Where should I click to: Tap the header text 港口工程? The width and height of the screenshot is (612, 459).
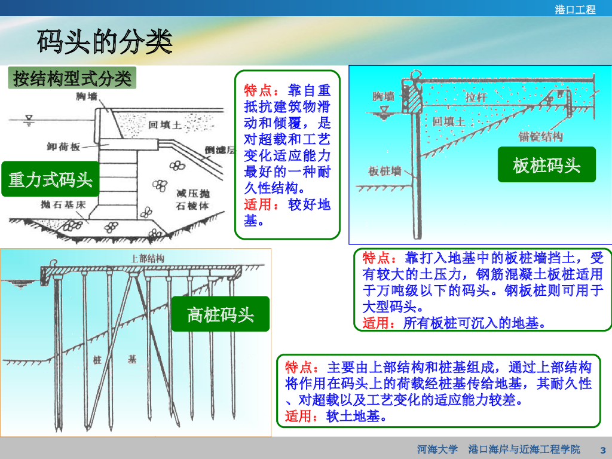[576, 10]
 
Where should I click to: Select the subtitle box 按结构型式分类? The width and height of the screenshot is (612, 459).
[72, 78]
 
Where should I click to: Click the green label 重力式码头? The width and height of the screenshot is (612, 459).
[50, 179]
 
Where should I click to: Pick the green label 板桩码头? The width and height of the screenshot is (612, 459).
[547, 164]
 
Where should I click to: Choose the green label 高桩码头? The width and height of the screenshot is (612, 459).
[221, 314]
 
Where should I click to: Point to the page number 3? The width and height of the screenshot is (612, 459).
[602, 449]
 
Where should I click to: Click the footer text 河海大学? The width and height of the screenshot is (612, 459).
[437, 449]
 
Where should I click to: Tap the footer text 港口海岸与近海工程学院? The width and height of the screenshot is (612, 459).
[524, 449]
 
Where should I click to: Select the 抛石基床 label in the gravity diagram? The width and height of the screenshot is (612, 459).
[54, 205]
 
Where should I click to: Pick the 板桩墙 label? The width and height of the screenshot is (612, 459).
[384, 171]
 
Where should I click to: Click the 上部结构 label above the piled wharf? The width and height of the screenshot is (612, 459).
[147, 258]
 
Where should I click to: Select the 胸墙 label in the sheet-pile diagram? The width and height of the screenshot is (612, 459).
[383, 96]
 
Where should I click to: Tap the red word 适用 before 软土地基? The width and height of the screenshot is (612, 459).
[299, 416]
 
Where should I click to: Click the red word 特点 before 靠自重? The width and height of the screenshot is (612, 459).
[258, 90]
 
